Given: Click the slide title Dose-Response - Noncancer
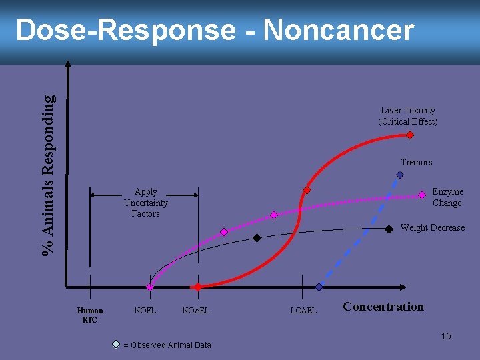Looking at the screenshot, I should pyautogui.click(x=215, y=31).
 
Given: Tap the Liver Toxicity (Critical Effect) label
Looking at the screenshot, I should pyautogui.click(x=407, y=116).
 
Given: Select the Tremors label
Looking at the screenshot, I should pyautogui.click(x=416, y=163).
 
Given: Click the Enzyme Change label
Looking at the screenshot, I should pyautogui.click(x=447, y=197).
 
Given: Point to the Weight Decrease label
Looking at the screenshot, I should pyautogui.click(x=432, y=228).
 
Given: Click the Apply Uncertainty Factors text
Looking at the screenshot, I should pyautogui.click(x=145, y=203).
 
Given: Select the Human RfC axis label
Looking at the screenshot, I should pyautogui.click(x=90, y=315).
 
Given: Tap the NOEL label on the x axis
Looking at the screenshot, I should pyautogui.click(x=145, y=311).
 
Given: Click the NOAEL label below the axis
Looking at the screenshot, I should pyautogui.click(x=195, y=311).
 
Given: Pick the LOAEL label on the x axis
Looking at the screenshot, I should pyautogui.click(x=303, y=311).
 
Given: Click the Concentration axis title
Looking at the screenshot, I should pyautogui.click(x=383, y=307).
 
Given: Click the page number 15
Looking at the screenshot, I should pyautogui.click(x=445, y=336).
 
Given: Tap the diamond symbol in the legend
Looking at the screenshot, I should pyautogui.click(x=116, y=345).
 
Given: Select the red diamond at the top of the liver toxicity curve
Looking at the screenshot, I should pyautogui.click(x=410, y=135).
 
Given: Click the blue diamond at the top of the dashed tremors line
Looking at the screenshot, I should pyautogui.click(x=400, y=175).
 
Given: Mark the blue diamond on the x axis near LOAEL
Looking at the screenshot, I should pyautogui.click(x=319, y=287).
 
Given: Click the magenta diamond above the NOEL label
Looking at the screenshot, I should pyautogui.click(x=150, y=287).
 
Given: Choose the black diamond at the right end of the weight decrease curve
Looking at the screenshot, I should pyautogui.click(x=389, y=229).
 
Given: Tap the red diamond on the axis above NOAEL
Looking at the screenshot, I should pyautogui.click(x=197, y=287).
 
